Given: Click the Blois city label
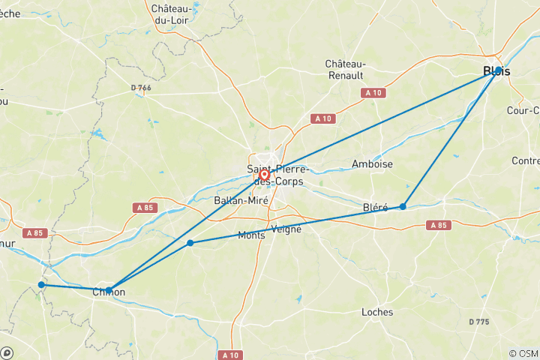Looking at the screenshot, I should (x=497, y=71).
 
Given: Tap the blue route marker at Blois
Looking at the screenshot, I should (x=498, y=70).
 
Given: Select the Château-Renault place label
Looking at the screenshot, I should (x=345, y=70).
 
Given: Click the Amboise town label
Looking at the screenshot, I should (x=372, y=163).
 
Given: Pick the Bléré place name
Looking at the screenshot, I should (x=375, y=207).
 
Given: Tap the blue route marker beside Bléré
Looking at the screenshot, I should (x=403, y=206).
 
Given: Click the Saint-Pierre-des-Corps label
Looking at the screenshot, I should (x=275, y=175).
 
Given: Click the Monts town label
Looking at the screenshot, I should (x=250, y=235).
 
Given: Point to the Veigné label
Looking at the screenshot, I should (x=286, y=229).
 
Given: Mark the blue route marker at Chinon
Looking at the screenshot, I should (x=109, y=289).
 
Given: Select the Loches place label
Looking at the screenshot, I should (x=377, y=311).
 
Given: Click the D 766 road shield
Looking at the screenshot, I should (x=141, y=88).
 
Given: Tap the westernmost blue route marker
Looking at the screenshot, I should (x=41, y=284).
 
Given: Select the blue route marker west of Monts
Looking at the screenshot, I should (x=190, y=243).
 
